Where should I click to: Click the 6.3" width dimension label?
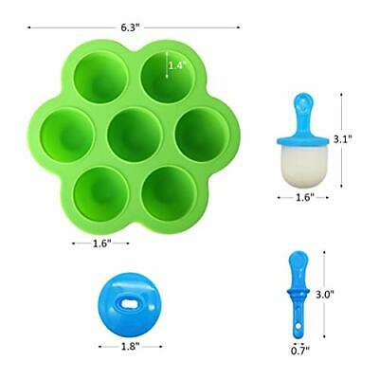coord(132,27)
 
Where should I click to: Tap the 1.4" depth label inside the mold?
coord(175,65)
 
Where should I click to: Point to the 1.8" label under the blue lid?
coord(130,347)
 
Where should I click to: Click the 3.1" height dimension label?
coord(343,138)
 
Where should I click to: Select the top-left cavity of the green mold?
coord(99,75)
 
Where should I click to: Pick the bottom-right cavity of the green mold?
coord(165,190)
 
